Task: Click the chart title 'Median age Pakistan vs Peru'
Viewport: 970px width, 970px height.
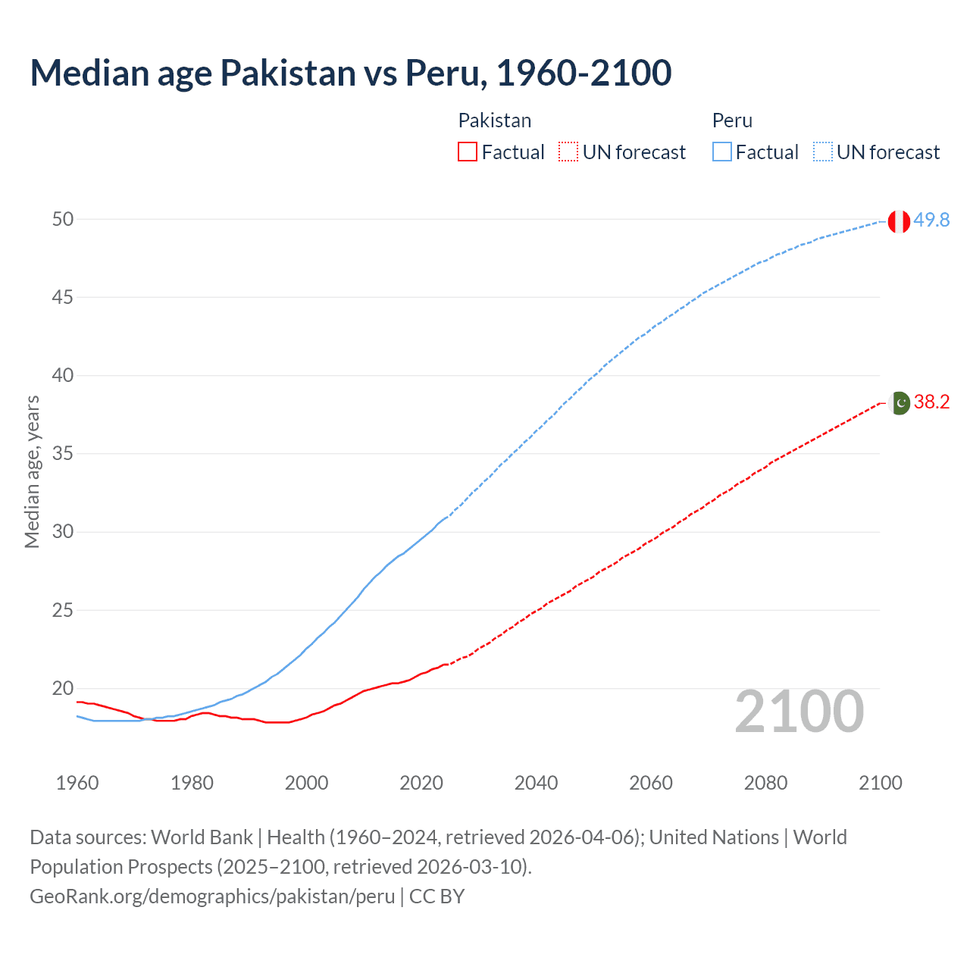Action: click(x=350, y=73)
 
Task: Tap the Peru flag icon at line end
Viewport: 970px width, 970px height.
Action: click(x=899, y=221)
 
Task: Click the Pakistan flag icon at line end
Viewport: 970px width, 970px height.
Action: click(x=900, y=403)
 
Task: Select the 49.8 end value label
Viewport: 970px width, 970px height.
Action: click(x=931, y=221)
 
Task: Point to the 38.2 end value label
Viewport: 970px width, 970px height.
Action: click(x=931, y=402)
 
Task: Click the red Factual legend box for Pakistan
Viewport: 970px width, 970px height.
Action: click(x=468, y=152)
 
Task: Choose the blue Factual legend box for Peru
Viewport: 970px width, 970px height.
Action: click(x=721, y=152)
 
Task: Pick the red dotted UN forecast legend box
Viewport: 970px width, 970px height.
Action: click(x=568, y=152)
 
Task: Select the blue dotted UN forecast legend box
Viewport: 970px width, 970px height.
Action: click(x=822, y=152)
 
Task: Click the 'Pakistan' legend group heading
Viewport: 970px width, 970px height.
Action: click(x=494, y=120)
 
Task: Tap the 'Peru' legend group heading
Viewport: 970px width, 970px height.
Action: click(x=732, y=120)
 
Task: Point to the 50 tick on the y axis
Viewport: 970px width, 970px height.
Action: click(x=63, y=220)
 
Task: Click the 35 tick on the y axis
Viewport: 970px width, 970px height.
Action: click(x=63, y=454)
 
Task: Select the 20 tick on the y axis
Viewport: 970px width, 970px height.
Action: click(x=63, y=689)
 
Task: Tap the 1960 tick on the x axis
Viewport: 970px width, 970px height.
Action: click(x=77, y=783)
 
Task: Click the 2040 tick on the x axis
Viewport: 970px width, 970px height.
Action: click(x=536, y=783)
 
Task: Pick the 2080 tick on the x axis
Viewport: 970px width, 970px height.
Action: click(x=765, y=783)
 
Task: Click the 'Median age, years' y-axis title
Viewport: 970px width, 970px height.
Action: click(x=32, y=471)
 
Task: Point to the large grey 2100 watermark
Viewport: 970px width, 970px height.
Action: click(x=799, y=712)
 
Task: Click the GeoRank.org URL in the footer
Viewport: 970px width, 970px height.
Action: click(x=212, y=896)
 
